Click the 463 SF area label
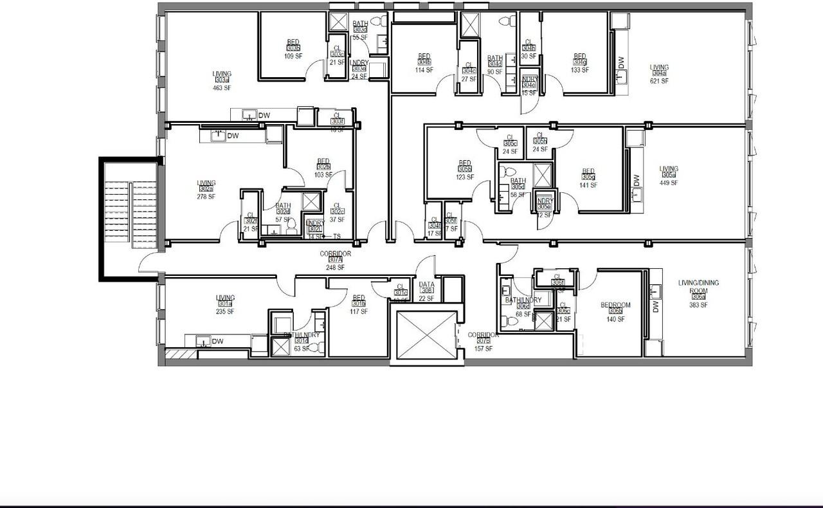point(222,88)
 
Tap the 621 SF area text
point(659,82)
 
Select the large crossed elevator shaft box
point(426,335)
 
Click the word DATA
point(427,284)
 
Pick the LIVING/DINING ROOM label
point(698,286)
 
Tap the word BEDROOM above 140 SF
point(615,305)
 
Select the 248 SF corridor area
point(335,268)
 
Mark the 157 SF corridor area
point(483,349)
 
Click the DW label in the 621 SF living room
point(621,62)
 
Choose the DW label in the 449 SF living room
point(637,179)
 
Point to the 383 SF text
point(698,305)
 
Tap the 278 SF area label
point(206,197)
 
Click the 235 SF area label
point(225,312)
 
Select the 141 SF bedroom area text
point(588,185)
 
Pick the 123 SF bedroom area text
point(465,177)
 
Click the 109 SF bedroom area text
point(293,56)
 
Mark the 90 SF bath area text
point(494,72)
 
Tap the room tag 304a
point(659,74)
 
